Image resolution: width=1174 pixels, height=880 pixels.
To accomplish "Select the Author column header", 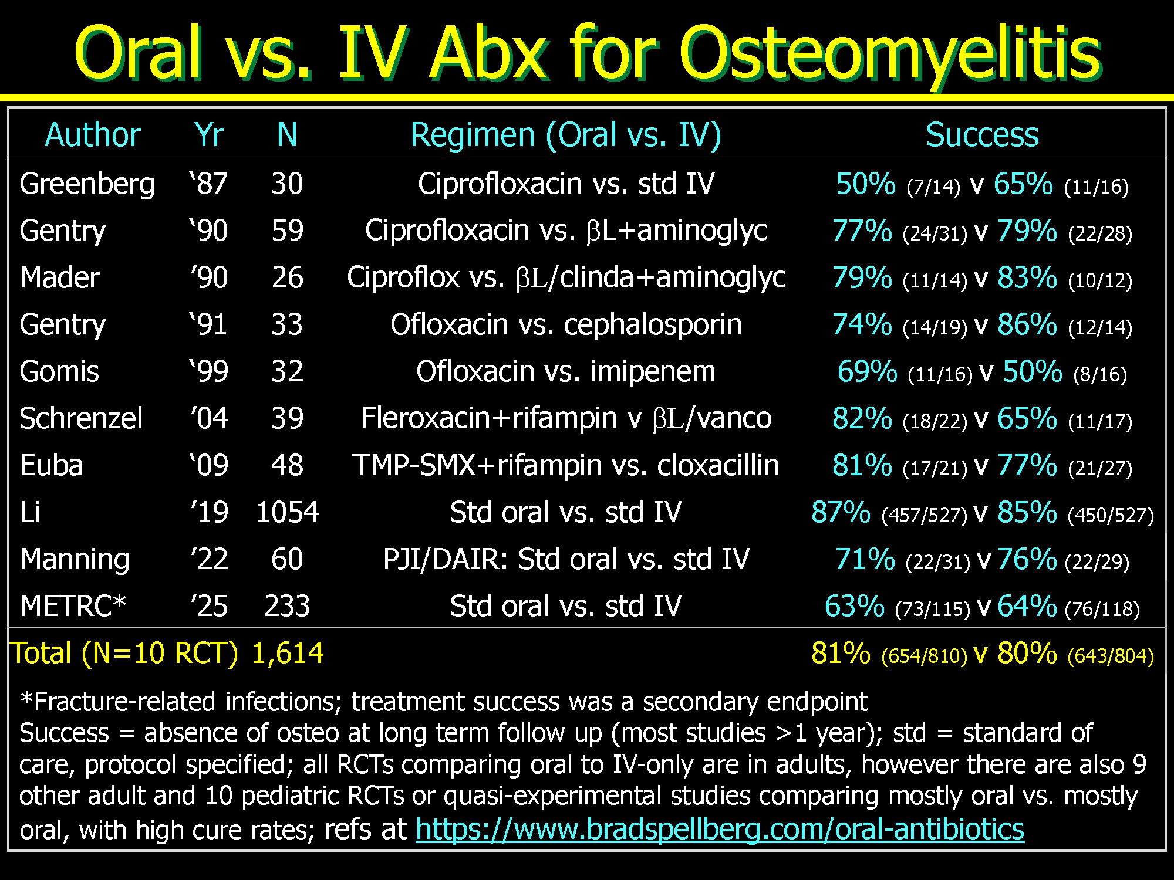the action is [93, 135].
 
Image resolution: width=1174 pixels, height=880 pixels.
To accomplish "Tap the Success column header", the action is [982, 135].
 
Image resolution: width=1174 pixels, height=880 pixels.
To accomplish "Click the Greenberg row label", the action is [87, 184].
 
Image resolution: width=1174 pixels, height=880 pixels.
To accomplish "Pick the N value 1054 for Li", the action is [288, 512].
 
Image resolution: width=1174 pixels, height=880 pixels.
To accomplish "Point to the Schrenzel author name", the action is [81, 418].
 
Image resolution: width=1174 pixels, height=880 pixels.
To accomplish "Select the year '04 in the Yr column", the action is [209, 418].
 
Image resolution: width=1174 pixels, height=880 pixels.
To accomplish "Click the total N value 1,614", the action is [288, 653].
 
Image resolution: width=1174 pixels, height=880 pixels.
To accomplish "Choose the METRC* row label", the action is [73, 606].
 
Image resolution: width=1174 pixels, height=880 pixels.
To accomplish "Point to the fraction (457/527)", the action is [924, 515].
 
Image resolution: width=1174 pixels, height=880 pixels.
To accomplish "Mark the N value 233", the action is [287, 606].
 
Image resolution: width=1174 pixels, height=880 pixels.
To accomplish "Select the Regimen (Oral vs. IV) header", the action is [566, 136].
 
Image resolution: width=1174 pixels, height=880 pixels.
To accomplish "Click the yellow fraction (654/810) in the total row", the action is [924, 656].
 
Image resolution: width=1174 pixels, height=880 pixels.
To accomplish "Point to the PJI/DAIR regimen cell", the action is [566, 559].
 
